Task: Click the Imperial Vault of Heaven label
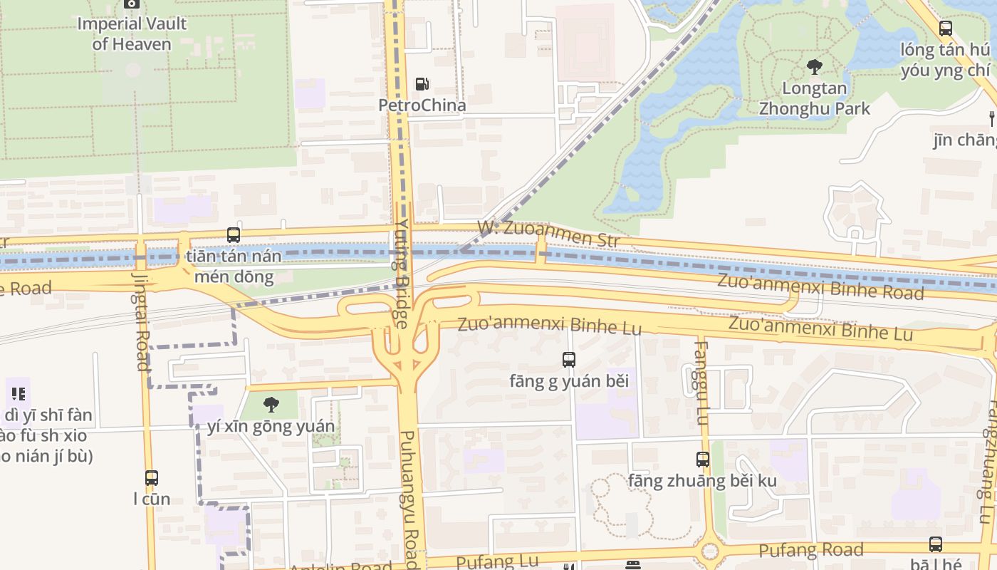132,33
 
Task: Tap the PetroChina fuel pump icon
422,84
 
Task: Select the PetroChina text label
422,105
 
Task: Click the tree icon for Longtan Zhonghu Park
814,68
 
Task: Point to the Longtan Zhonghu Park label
814,99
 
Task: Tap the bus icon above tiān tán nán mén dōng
233,234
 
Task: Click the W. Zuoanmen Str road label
548,234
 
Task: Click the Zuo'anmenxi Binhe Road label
820,286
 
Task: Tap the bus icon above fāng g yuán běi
568,360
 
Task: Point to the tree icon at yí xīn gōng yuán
271,405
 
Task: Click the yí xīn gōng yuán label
271,427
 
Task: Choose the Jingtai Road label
141,322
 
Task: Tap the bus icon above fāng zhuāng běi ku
702,460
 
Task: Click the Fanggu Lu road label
701,383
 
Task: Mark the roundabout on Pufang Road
709,551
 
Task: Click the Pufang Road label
810,550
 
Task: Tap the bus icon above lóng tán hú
945,28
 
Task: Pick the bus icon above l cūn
152,477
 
